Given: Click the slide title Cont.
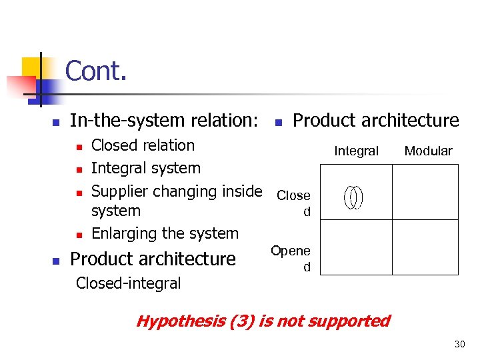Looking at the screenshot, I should click(x=96, y=71).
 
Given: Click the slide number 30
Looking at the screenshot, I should click(x=459, y=344).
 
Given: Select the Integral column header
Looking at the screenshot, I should click(x=356, y=151).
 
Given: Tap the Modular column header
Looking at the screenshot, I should click(x=428, y=151).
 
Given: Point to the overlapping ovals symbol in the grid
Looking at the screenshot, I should click(x=353, y=197).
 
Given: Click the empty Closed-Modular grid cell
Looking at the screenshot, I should click(x=425, y=192).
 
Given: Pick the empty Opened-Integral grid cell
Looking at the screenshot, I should click(x=353, y=247).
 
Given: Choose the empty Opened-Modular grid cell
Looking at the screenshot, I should click(x=425, y=247).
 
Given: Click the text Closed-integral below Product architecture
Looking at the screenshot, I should click(x=128, y=283).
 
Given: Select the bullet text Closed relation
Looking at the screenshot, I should click(x=143, y=145).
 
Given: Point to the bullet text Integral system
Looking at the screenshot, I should click(x=145, y=168).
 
